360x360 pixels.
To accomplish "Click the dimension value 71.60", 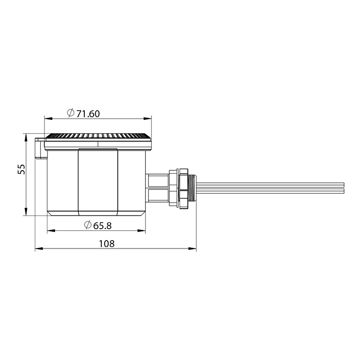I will coord(88,114).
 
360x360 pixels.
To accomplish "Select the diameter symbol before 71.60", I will coord(71,113).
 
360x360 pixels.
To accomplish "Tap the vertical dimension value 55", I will coord(22,169).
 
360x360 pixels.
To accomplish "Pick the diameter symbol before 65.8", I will coord(88,225).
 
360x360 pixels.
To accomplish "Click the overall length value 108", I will coord(106,244).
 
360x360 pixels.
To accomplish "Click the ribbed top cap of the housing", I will coord(98,136).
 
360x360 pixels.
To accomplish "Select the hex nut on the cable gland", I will coord(183,188).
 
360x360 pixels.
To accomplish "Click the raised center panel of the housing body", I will coord(98,180).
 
